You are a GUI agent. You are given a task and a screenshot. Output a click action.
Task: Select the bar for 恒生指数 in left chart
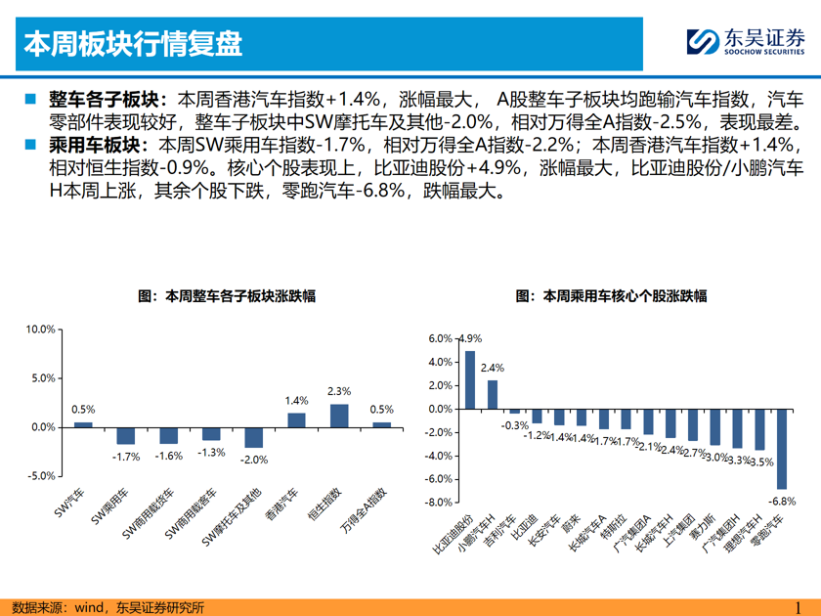339,416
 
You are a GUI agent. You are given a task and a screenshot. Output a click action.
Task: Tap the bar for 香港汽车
296,420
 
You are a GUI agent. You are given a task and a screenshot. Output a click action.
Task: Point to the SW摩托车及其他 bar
254,437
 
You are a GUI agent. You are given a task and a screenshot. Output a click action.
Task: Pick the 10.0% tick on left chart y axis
40,330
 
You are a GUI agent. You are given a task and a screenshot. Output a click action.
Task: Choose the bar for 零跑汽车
782,449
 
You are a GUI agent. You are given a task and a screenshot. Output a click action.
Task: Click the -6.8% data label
782,501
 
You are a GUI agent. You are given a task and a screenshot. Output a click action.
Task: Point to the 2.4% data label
493,368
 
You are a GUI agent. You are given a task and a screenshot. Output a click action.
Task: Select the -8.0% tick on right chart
439,503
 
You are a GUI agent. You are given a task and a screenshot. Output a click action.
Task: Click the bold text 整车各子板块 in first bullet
108,99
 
